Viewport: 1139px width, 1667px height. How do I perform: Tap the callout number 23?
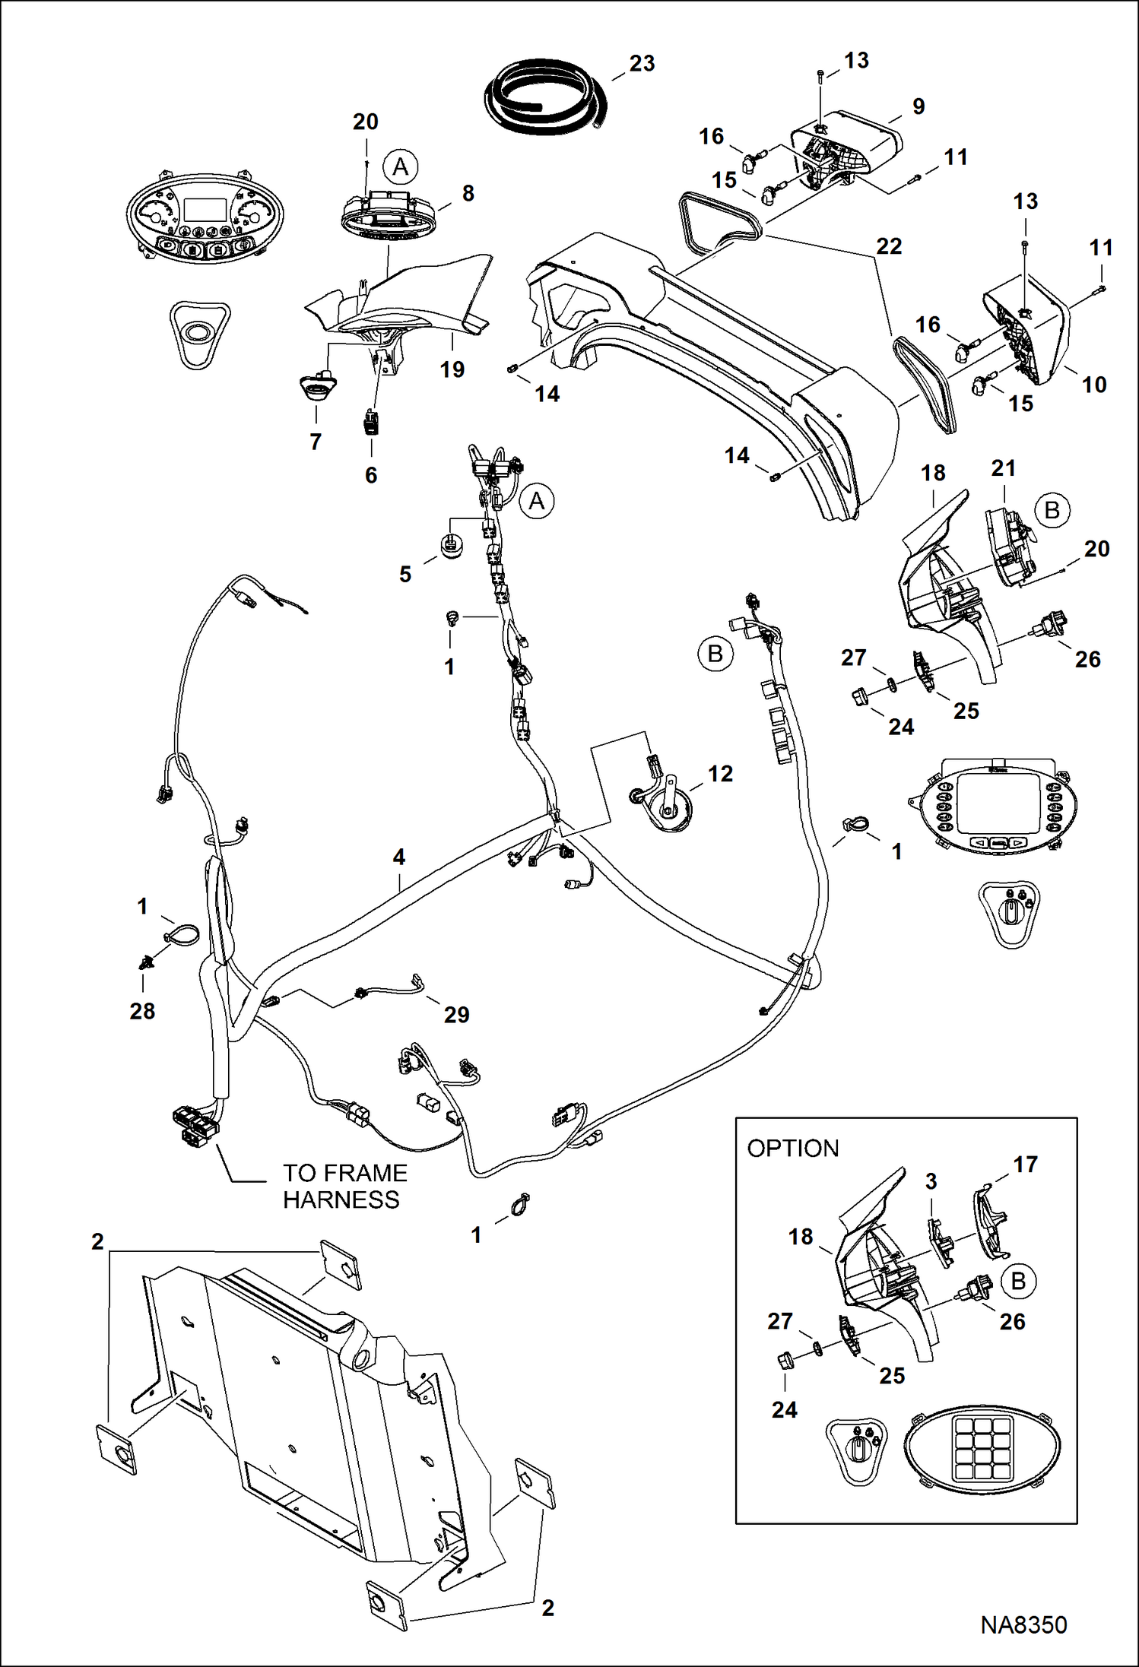coord(642,64)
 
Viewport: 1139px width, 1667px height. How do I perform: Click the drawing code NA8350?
coord(1023,1625)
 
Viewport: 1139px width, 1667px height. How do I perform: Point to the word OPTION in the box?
coord(792,1149)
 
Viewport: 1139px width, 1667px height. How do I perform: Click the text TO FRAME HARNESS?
coord(344,1187)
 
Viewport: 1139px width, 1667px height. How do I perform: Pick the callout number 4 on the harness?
coord(398,857)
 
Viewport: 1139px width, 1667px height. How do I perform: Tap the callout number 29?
coord(456,1015)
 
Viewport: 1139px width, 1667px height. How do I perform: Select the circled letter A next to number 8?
coord(400,167)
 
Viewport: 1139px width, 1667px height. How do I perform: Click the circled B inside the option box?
coord(1018,1281)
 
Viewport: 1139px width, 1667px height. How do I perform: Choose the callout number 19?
coord(452,369)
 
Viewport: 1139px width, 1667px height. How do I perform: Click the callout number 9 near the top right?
coord(918,107)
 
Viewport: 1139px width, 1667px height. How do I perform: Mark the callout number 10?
coord(1093,385)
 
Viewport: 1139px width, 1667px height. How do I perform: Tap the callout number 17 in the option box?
coord(1025,1165)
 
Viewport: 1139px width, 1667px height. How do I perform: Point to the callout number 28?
coord(142,1011)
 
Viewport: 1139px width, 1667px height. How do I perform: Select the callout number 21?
coord(1003,468)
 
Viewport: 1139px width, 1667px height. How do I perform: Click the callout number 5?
coord(405,575)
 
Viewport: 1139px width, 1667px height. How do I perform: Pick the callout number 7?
coord(316,442)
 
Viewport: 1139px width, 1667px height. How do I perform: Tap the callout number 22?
coord(888,246)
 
